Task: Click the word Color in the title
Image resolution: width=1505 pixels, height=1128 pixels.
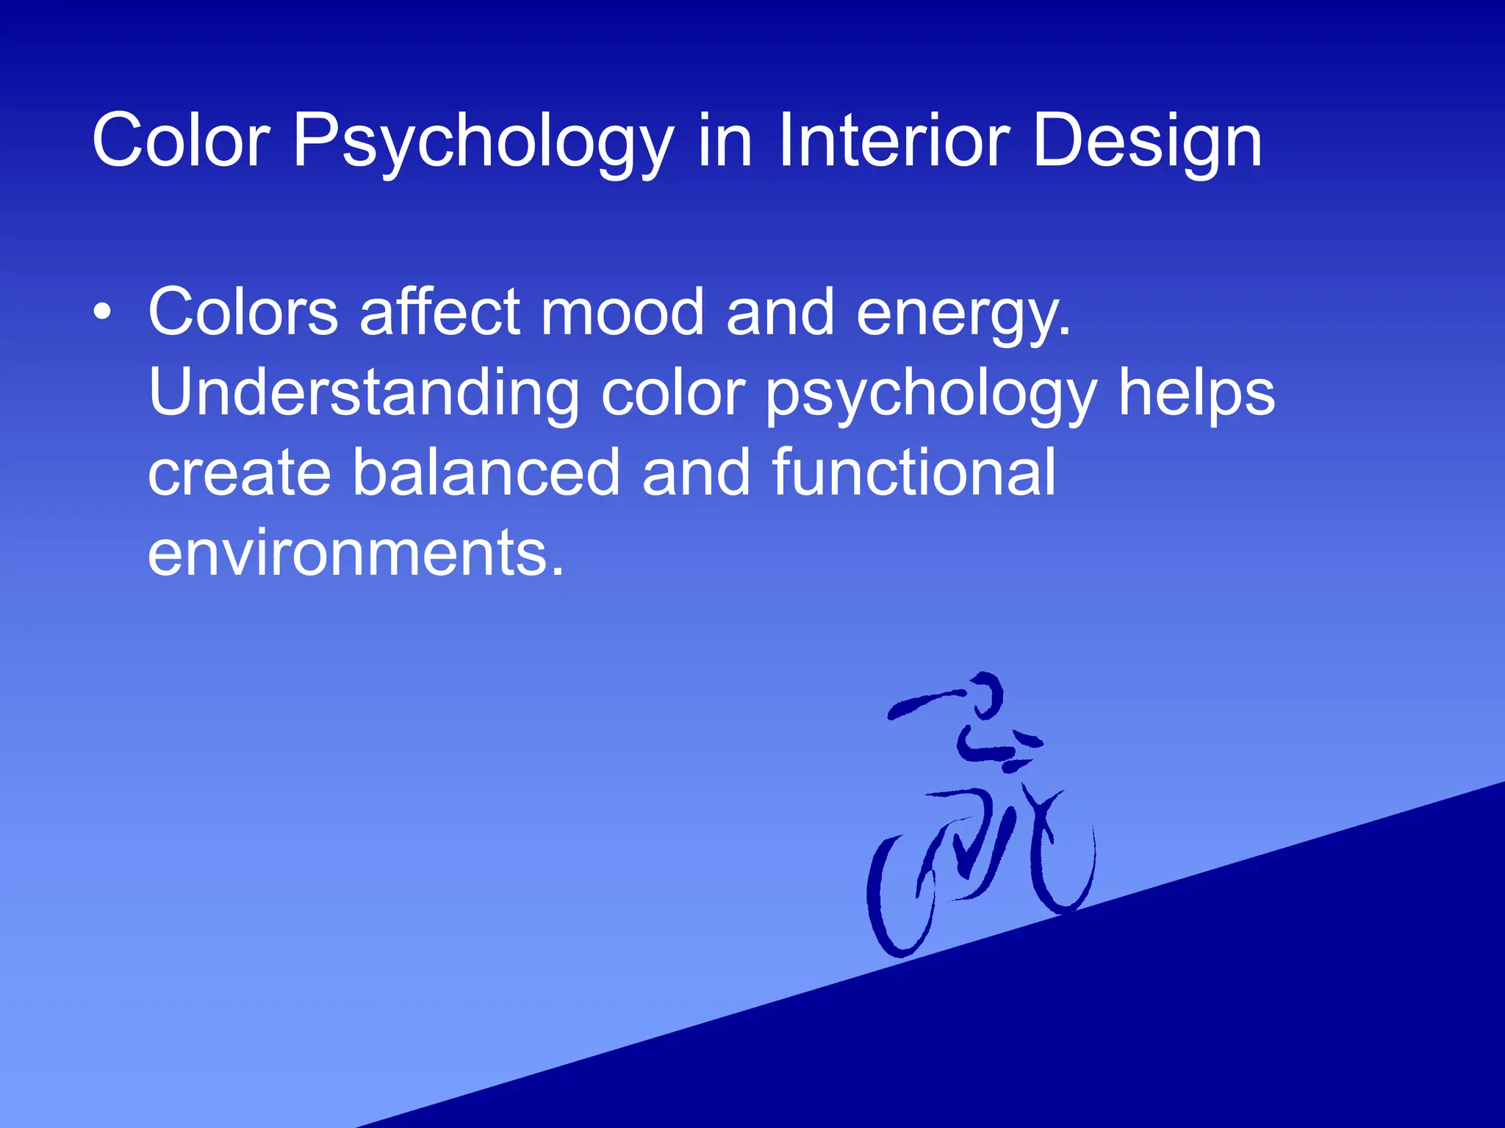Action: pos(181,140)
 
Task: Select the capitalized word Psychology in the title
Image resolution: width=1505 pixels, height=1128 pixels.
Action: pos(483,143)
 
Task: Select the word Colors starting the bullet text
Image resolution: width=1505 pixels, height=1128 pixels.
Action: pos(243,312)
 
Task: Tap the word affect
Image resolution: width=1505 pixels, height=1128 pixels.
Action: pos(440,312)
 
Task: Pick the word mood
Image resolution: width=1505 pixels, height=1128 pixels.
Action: pos(623,312)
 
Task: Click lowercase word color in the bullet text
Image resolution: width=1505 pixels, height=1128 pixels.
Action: pos(673,393)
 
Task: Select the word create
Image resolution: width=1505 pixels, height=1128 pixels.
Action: pos(240,474)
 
